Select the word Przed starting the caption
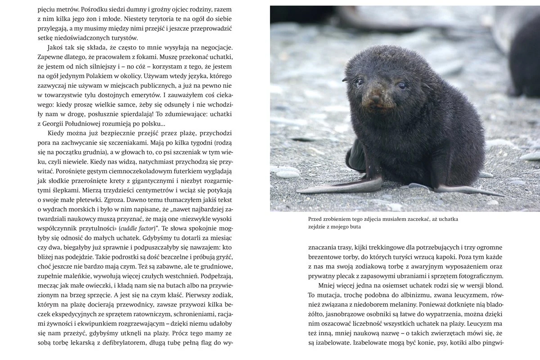pos(315,219)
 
